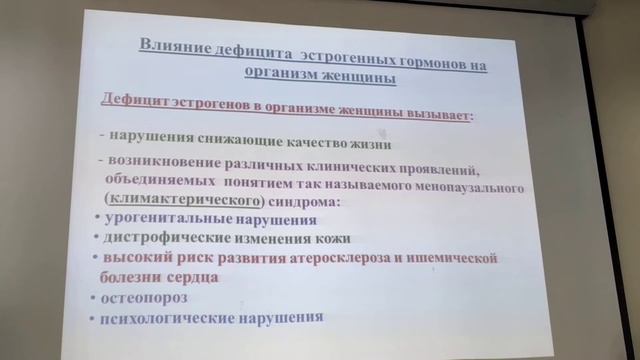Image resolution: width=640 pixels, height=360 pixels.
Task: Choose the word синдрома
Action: pyautogui.click(x=312, y=203)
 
